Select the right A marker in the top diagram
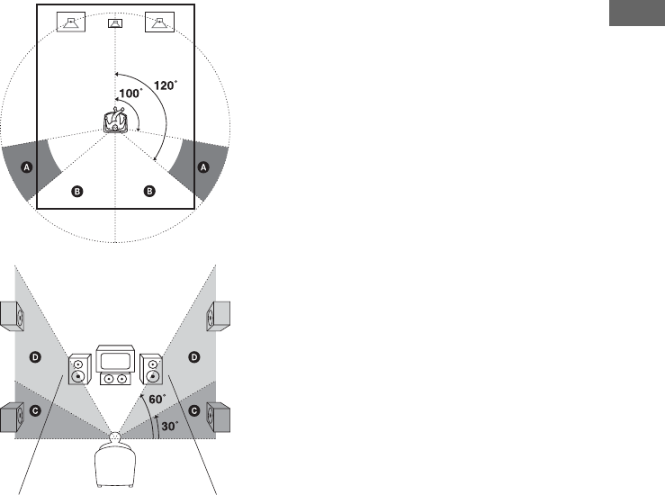(202, 167)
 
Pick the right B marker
(150, 192)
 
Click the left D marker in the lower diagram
(36, 358)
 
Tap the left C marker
(36, 409)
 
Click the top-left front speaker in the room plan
(71, 22)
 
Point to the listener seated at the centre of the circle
(115, 121)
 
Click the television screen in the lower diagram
(114, 361)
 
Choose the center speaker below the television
(114, 381)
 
